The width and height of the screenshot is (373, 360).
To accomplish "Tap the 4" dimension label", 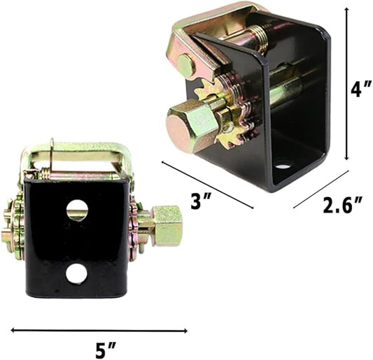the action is click(361, 88).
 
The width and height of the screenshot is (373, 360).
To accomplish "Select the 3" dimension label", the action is click(201, 201).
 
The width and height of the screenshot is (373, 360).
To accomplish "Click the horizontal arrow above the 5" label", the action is click(99, 330).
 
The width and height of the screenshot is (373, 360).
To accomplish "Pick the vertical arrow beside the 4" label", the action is click(347, 84).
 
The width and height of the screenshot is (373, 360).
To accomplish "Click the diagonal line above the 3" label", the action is click(207, 185).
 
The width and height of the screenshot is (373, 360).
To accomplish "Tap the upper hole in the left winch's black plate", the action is click(77, 210).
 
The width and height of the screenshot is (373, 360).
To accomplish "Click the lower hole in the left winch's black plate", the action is click(77, 274).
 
